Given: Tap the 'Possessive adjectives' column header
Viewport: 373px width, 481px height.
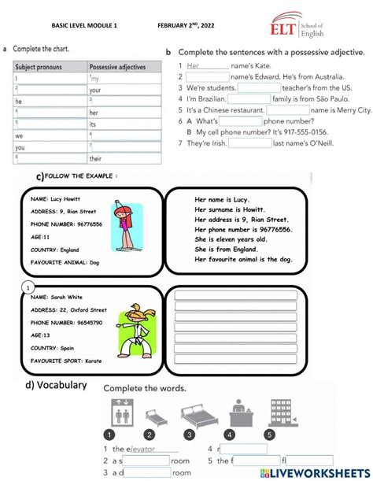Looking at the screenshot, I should point(117,68).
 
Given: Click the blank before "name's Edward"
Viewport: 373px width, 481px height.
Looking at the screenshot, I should point(208,76).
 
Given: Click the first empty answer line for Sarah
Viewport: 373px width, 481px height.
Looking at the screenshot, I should point(236,294).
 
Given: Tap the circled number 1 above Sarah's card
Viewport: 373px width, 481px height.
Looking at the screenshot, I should point(28,287).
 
